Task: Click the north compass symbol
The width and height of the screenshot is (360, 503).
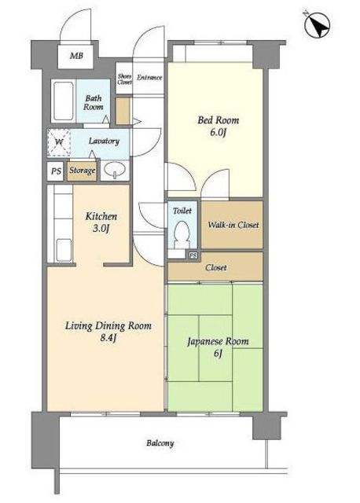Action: [x=317, y=24]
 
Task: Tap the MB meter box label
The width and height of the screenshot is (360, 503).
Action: [x=76, y=56]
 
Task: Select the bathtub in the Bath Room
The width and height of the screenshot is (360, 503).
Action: [x=63, y=101]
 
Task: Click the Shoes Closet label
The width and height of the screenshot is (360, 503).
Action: [x=124, y=79]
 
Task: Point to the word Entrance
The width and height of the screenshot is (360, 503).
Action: [x=149, y=77]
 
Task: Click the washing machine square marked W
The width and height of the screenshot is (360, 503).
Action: [x=59, y=142]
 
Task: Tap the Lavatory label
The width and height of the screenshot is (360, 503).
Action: [x=104, y=141]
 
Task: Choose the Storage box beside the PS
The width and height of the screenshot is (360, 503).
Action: [x=82, y=171]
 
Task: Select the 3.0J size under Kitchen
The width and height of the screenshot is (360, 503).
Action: [x=101, y=228]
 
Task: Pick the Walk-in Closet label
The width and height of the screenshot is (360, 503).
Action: [x=233, y=225]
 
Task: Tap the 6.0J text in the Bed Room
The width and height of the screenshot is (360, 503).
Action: [x=219, y=132]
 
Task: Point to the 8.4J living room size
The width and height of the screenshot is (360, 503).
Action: [x=108, y=337]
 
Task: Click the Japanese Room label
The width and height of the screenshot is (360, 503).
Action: [x=218, y=341]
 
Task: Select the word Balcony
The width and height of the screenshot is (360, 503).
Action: [x=160, y=443]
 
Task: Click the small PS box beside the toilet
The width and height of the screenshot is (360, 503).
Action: [x=193, y=255]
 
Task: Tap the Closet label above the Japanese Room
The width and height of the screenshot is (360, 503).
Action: [x=215, y=267]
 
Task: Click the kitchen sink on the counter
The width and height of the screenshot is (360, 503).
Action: [x=64, y=250]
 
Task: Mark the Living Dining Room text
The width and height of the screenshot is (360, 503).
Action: [x=108, y=326]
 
